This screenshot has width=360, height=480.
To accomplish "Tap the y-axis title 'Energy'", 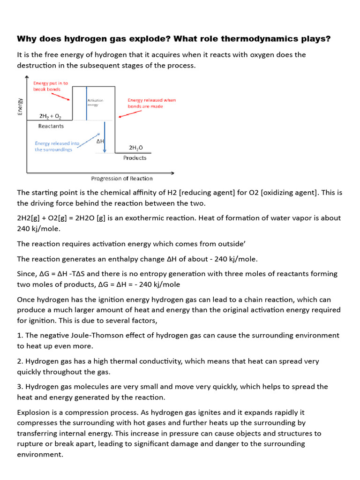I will pos(20,106).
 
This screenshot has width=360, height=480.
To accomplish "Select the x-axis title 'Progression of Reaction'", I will pos(121,178).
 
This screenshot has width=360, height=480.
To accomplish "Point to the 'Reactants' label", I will pos(52,126).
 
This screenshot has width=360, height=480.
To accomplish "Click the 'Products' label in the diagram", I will pos(135,158).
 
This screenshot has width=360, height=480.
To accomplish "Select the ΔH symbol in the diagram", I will pos(100,141).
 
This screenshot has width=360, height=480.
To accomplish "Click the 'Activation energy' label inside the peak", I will pos(95,103).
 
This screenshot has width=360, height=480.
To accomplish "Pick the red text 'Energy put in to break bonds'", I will pos(50,86).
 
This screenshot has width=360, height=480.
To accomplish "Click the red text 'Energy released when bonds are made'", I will pos(151,103).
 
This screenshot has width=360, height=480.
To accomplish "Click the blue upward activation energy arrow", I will pos(86,103).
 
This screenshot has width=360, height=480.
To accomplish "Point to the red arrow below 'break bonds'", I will pos(60,96).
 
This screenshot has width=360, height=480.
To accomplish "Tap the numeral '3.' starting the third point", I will pos(20,387).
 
